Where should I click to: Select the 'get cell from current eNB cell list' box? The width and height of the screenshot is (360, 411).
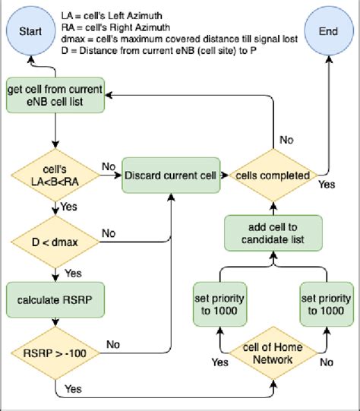55,95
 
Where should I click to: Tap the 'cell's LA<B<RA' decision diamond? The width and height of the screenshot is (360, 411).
55,176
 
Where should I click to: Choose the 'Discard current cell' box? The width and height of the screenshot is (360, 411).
170,176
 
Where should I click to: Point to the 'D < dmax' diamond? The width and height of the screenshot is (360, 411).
55,242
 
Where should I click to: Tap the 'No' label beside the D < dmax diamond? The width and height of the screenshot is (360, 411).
109,233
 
